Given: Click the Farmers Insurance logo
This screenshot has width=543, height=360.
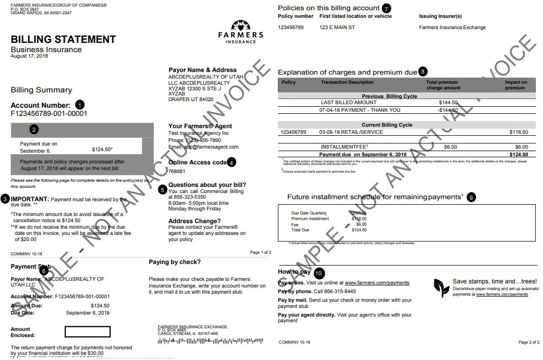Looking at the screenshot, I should tap(241, 32).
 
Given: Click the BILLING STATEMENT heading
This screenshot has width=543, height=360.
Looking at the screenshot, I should tap(63, 39).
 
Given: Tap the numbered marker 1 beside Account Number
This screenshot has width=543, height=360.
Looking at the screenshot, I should tap(80, 105).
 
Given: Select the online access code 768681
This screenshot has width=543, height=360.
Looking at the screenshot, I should tap(177, 172).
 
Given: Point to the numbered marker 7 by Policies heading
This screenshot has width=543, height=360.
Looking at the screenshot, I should tap(386, 8).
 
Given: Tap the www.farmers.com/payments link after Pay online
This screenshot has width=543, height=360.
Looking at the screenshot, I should tap(377, 283).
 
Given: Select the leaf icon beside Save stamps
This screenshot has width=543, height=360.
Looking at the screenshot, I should tap(440, 287).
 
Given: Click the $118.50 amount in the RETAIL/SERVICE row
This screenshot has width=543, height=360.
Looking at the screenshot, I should tap(518, 132).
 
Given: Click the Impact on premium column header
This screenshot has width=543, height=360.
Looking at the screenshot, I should tap(516, 85).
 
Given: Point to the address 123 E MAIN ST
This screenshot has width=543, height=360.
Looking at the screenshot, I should tap(337, 28).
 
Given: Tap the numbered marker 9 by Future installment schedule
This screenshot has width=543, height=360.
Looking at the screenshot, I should tap(471, 197).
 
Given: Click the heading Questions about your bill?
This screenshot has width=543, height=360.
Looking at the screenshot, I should tap(207, 185).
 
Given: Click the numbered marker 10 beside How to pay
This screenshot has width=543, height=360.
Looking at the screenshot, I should tap(319, 273).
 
